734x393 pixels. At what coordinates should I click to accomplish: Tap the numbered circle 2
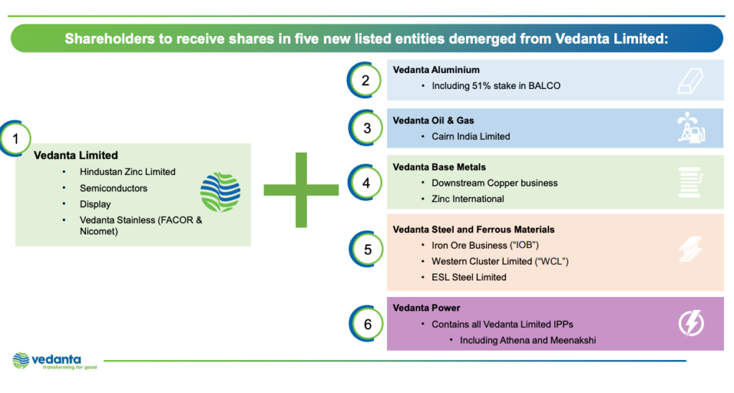pos(366,80)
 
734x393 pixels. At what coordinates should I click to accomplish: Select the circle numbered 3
pos(367,128)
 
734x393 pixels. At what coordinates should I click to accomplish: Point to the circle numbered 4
pos(366,183)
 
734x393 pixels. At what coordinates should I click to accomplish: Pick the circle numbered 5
pos(368,250)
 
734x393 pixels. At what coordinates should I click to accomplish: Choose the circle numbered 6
pos(368,324)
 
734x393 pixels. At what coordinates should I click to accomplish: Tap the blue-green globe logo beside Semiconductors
pos(220,192)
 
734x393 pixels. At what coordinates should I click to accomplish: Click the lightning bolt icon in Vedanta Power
pos(691,324)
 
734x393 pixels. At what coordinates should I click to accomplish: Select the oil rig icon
pos(690,129)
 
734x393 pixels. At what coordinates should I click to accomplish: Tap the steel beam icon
pos(691,249)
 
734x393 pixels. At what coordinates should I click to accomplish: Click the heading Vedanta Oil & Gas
pos(433,120)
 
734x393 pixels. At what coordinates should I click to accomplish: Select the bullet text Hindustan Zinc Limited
pos(128,172)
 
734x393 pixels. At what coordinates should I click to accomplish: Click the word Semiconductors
pos(113,188)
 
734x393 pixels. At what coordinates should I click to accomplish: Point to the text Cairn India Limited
pos(470,136)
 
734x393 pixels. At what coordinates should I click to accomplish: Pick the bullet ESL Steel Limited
pos(469,277)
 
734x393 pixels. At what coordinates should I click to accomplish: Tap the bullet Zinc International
pos(467,199)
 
